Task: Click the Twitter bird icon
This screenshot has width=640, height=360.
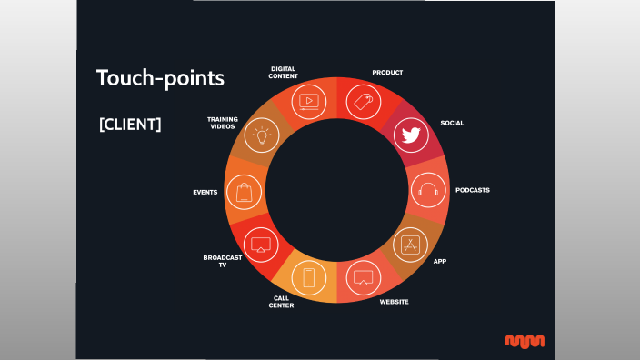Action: click(410, 136)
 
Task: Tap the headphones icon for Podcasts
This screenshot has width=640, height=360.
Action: click(428, 191)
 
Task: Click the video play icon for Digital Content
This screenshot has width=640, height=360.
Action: click(308, 102)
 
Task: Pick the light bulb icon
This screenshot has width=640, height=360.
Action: click(262, 136)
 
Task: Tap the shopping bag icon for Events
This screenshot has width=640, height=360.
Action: click(244, 192)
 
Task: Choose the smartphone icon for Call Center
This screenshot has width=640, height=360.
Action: click(308, 278)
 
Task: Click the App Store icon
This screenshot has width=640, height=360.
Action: click(410, 245)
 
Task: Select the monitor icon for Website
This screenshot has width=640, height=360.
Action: click(365, 277)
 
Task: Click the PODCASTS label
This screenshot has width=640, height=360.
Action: click(473, 190)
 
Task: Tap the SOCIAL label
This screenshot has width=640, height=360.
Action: click(452, 123)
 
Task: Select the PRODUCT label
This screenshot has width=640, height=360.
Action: click(387, 72)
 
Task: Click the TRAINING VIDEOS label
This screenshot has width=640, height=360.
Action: click(222, 123)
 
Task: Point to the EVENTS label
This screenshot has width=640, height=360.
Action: click(205, 193)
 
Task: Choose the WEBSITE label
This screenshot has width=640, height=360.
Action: click(394, 301)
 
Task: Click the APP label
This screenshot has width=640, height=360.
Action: click(440, 261)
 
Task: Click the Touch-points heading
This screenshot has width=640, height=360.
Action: click(160, 78)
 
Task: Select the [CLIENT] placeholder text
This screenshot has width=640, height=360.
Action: click(130, 125)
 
